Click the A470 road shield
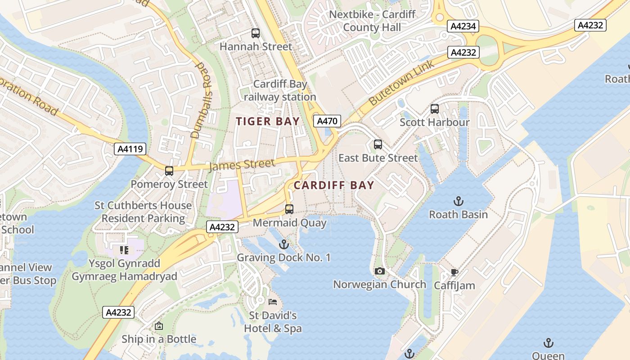click(x=327, y=121)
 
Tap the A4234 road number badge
click(x=463, y=27)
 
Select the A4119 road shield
click(x=130, y=149)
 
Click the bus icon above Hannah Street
click(x=256, y=33)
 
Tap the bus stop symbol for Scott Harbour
click(x=435, y=108)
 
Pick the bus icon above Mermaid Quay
click(x=289, y=209)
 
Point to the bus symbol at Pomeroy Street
click(x=169, y=171)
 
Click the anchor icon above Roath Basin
click(x=459, y=201)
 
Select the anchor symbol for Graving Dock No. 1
click(x=283, y=244)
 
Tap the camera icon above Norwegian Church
click(x=380, y=271)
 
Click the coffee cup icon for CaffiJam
click(x=454, y=272)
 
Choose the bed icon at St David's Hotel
click(x=273, y=301)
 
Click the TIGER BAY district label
click(x=268, y=121)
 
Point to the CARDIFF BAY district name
click(x=334, y=185)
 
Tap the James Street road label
click(x=242, y=165)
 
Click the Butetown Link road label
click(x=402, y=83)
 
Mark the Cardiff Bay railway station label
click(x=280, y=90)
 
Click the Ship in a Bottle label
click(x=159, y=339)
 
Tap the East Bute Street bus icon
click(x=378, y=144)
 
